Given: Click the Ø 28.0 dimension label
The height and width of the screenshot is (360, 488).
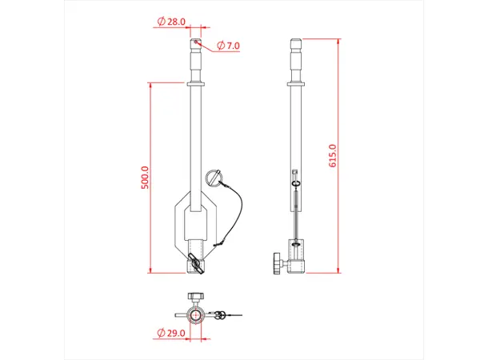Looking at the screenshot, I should point(172,22).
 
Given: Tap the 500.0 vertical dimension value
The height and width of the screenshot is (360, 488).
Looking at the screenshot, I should point(145,178).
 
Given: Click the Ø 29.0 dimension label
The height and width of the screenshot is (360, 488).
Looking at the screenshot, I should point(172,332).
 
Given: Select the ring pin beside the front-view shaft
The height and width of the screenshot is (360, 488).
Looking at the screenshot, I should point(213,178).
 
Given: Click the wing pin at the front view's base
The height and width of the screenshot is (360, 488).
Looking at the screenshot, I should point(195,262).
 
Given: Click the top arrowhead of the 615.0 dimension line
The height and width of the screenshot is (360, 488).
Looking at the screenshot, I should point(338,39).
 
